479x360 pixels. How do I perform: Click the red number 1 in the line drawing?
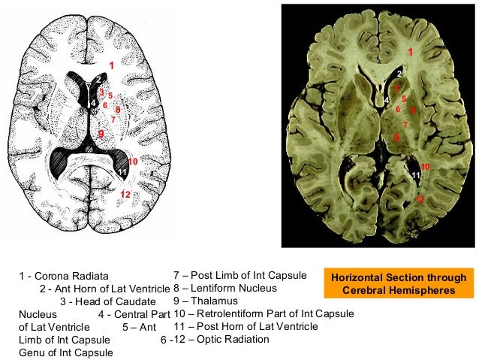click(x=112, y=66)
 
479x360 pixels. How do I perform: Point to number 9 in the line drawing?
click(x=101, y=133)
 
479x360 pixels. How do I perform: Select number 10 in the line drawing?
click(x=132, y=161)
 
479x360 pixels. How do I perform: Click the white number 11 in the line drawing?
click(x=122, y=173)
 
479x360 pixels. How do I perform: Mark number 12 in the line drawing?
click(x=125, y=195)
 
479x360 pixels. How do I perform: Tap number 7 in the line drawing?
click(x=113, y=119)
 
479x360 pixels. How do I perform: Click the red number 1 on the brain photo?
click(x=410, y=51)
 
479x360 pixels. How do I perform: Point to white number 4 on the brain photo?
click(x=387, y=99)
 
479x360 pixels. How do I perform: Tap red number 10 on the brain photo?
click(x=425, y=165)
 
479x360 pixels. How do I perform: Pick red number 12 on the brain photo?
click(x=420, y=198)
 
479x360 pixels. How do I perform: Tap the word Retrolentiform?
click(x=231, y=313)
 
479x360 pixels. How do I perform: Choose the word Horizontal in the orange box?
click(x=357, y=278)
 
